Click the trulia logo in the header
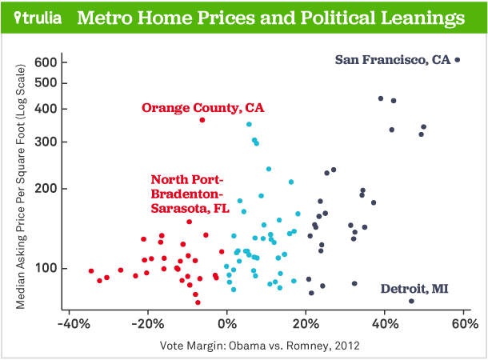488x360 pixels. pyautogui.click(x=38, y=18)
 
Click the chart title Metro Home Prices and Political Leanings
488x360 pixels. pyautogui.click(x=270, y=18)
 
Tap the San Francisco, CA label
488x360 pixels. pyautogui.click(x=393, y=59)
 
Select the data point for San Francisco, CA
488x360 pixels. pyautogui.click(x=457, y=59)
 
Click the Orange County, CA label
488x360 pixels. pyautogui.click(x=202, y=107)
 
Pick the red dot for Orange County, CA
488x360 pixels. pyautogui.click(x=202, y=120)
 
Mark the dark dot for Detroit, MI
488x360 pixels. pyautogui.click(x=411, y=301)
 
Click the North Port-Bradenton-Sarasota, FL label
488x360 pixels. pyautogui.click(x=190, y=193)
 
